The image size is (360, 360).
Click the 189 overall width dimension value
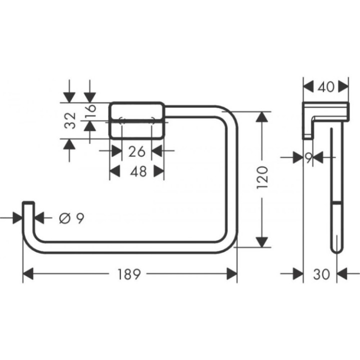pos(129,274)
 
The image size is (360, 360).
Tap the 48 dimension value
pos(137,171)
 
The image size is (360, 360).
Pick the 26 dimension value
pos(137,150)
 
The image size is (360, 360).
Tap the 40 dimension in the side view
pos(325,86)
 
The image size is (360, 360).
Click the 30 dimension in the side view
pos(320,274)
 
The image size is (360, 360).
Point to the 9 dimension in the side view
pos(308,157)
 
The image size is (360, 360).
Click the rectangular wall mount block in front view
pos(137,120)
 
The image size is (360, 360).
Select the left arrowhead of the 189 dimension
pos(28,274)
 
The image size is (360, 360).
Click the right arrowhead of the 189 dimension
pos(232,274)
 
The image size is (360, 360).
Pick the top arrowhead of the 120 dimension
pos(261,116)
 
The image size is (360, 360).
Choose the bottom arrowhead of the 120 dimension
pos(261,242)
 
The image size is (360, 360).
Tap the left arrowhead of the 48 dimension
pos(115,171)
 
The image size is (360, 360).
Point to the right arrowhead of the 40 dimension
pos(343,86)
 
